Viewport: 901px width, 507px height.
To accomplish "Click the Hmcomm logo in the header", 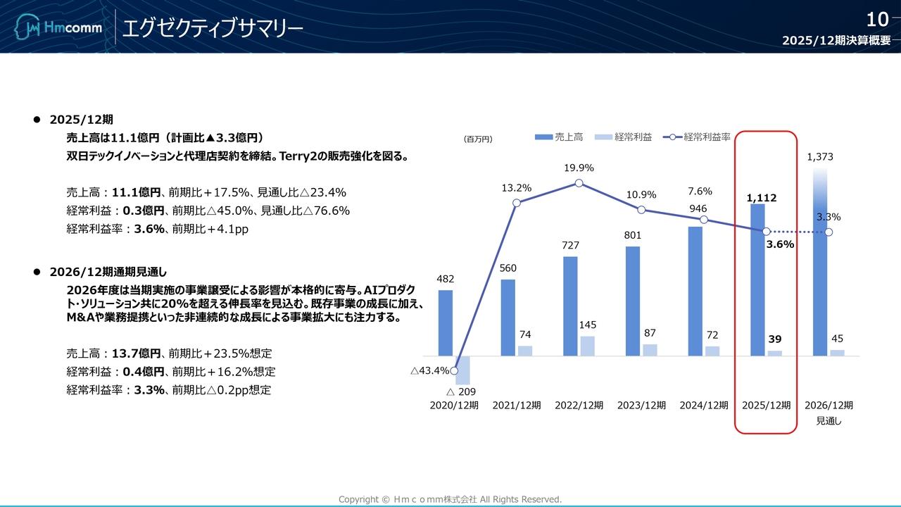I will coord(58,28).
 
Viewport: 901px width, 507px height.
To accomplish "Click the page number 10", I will coord(877,19).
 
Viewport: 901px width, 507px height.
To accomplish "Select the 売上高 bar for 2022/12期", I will coord(570,306).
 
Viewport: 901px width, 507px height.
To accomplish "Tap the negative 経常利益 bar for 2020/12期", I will coord(462,370).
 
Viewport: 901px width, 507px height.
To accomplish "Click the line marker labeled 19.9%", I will coord(579,183).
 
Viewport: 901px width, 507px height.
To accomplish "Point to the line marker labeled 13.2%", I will coord(517,203).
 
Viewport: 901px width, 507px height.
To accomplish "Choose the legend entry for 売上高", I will coord(559,137).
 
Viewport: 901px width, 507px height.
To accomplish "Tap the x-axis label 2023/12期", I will coord(641,406).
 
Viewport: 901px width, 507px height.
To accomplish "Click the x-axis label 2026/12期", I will coord(828,406).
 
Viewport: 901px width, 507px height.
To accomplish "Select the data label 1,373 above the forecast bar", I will coord(820,157).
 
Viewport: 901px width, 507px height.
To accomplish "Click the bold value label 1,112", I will coord(762,199).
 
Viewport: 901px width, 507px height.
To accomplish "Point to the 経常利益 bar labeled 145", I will coord(588,346).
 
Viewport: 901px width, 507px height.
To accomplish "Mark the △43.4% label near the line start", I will coord(429,371).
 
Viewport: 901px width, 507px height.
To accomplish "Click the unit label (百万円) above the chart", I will coord(478,139).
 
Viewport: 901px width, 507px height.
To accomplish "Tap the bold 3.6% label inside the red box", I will coord(780,244).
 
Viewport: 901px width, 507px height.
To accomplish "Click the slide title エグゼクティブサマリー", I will coord(213,28).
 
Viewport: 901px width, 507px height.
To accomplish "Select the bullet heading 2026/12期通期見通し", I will coord(108,272).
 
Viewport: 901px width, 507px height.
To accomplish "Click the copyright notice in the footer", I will coord(450,499).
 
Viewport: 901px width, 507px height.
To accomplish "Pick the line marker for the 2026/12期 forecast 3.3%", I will coord(828,232).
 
